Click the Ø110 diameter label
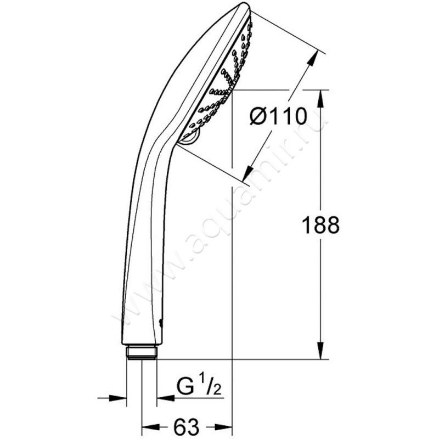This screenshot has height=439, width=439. click(x=278, y=116)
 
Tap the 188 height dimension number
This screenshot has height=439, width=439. click(x=321, y=224)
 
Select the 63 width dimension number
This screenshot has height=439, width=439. click(x=186, y=427)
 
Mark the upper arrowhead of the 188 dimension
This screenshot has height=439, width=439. click(x=321, y=99)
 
